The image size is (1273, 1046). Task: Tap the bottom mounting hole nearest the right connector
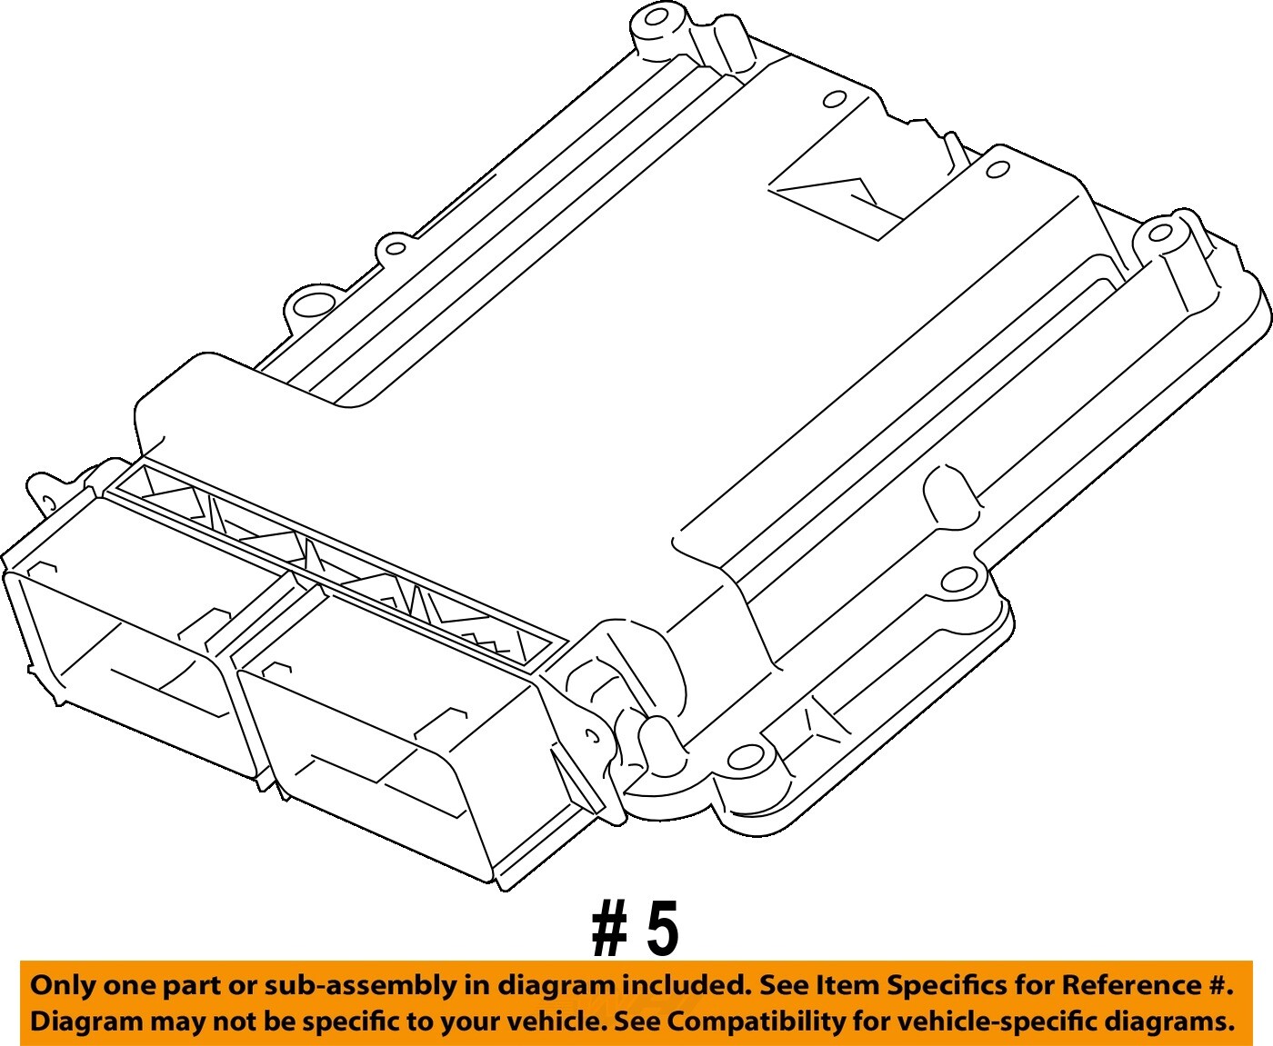coord(748,755)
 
